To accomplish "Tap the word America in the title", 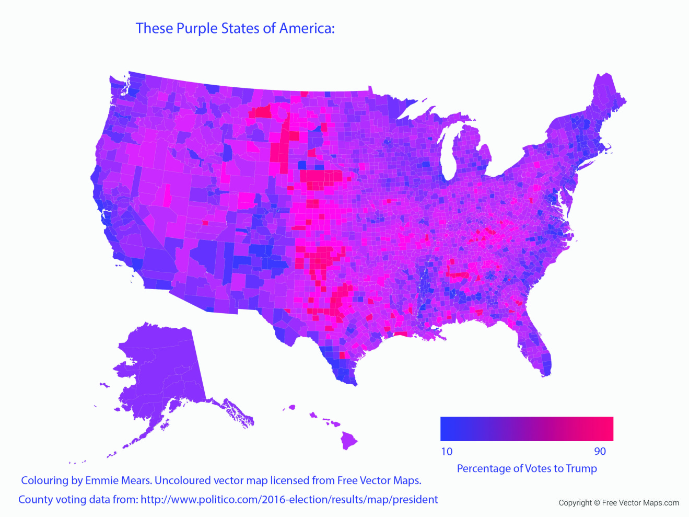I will [x=306, y=28].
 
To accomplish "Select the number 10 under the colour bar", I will [x=447, y=452].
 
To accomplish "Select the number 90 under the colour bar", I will [x=600, y=452].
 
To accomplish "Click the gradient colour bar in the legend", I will [x=527, y=429].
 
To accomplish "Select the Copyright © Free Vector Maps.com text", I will [x=619, y=503].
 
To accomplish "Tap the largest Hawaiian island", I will [x=349, y=441].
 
